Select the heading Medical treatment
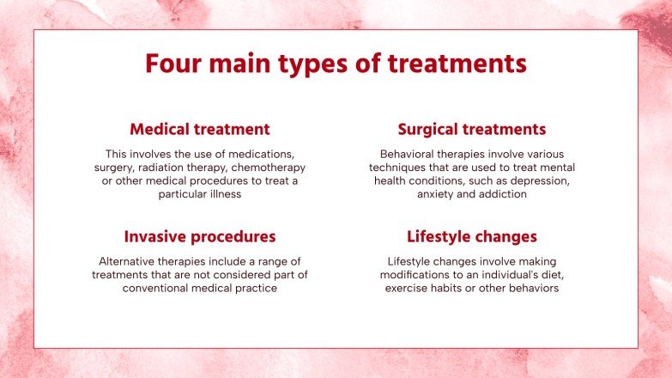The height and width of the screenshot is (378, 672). pyautogui.click(x=199, y=130)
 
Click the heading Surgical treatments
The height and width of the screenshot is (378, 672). pyautogui.click(x=471, y=130)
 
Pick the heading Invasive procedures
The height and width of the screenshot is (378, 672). pyautogui.click(x=199, y=236)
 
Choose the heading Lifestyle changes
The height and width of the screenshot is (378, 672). pyautogui.click(x=471, y=236)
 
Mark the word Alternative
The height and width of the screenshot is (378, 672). pyautogui.click(x=129, y=261)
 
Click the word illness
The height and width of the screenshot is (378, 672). pyautogui.click(x=222, y=195)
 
